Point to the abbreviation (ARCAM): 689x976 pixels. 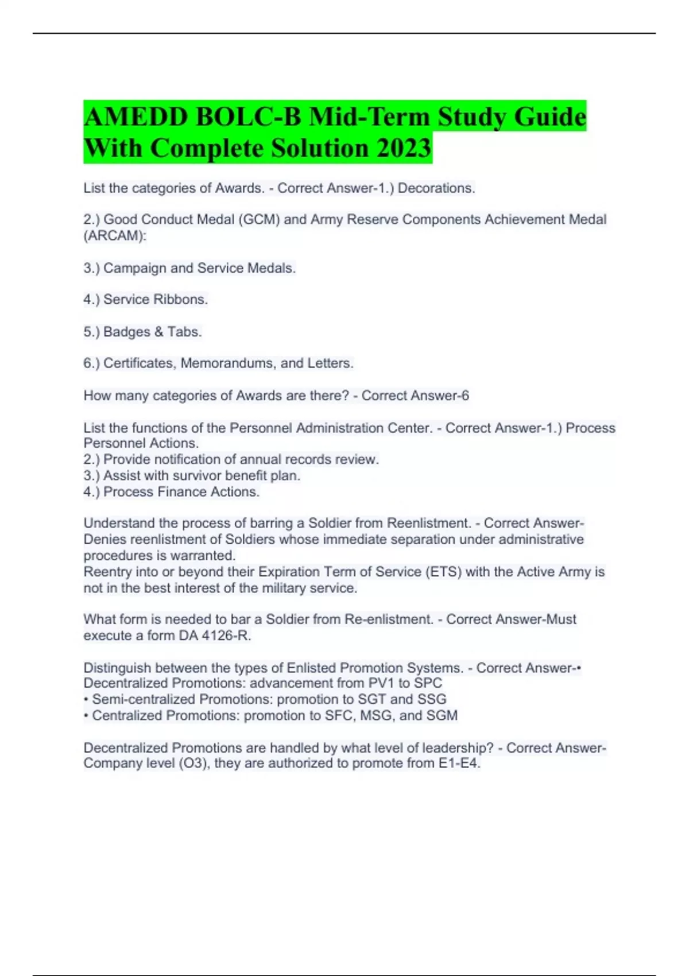115,236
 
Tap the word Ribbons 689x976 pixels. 180,300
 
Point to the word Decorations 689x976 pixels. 436,188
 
